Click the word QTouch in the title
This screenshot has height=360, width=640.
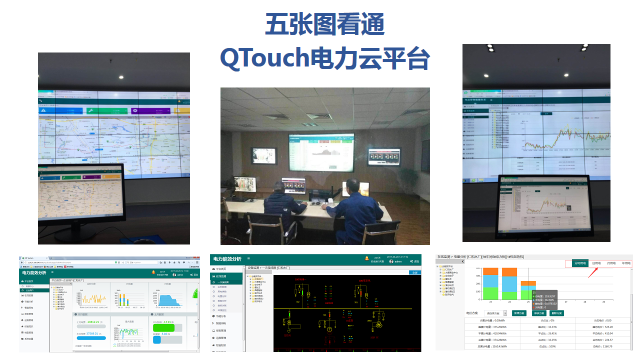point(283,59)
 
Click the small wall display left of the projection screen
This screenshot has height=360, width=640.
point(261,158)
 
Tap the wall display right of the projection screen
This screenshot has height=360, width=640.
point(385,156)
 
